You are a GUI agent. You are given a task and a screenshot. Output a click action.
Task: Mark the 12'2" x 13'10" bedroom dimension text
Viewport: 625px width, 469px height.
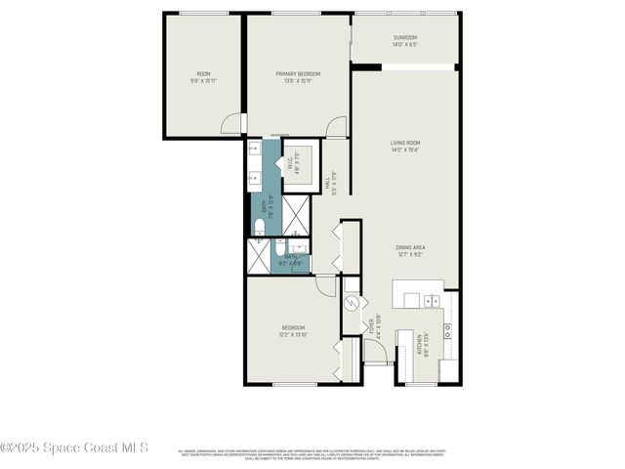294,335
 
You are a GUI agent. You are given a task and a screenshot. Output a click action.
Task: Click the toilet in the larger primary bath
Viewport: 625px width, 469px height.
259,227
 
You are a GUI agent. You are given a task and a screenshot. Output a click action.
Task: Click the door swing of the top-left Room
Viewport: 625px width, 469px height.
230,124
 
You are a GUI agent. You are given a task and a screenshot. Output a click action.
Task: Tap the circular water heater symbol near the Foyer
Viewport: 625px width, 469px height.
353,302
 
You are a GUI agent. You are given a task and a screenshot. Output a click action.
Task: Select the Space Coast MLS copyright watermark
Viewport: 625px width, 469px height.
74,448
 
